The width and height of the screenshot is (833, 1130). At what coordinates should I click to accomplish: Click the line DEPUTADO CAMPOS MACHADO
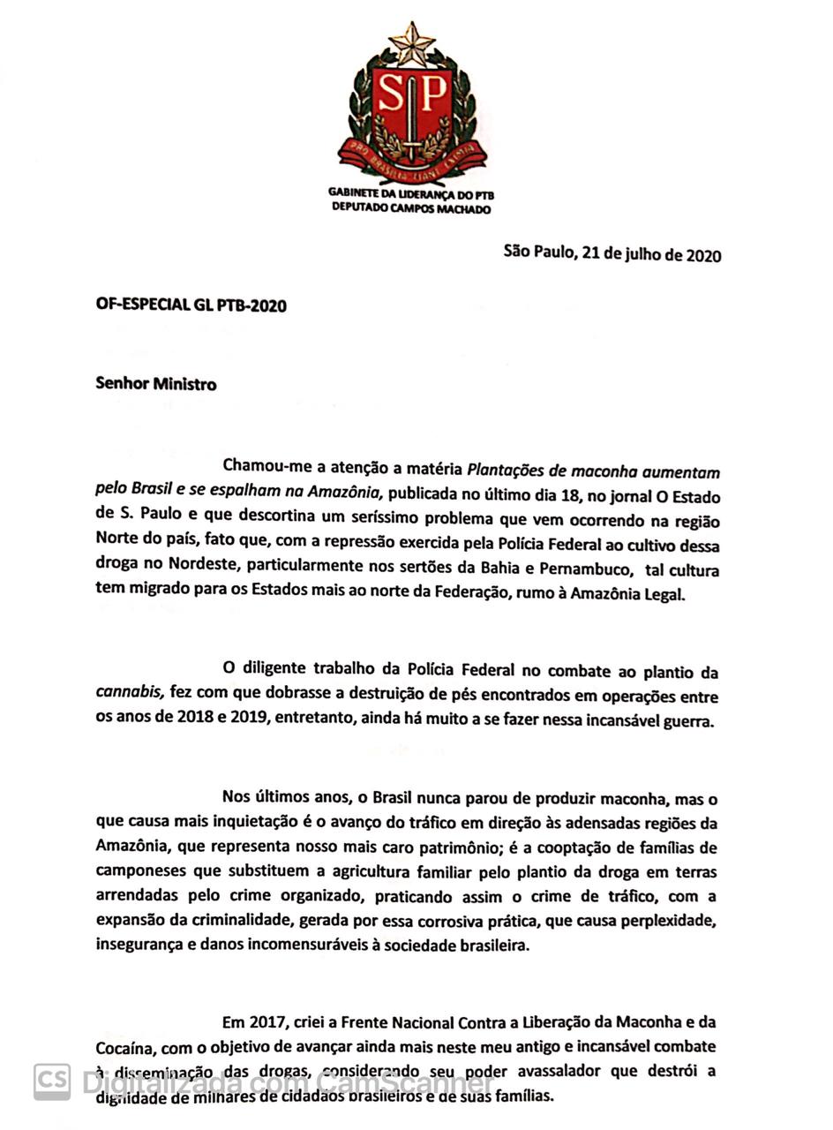point(411,209)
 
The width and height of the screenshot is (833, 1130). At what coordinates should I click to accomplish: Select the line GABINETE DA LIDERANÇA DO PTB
point(411,193)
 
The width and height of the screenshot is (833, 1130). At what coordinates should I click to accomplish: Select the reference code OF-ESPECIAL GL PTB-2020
point(191,305)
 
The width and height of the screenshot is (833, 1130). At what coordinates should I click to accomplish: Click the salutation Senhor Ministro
point(156,384)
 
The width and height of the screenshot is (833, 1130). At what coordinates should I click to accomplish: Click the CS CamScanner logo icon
point(52,1081)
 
